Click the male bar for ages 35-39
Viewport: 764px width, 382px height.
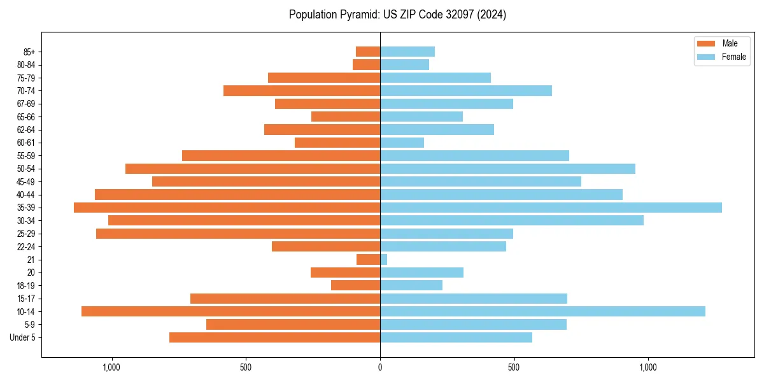tap(227, 208)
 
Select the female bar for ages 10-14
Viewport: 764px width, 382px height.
tap(542, 311)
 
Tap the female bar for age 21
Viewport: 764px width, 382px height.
tap(384, 260)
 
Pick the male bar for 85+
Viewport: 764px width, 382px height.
tap(368, 52)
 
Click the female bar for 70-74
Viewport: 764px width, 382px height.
tap(466, 91)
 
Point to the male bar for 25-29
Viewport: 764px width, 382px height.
tap(238, 234)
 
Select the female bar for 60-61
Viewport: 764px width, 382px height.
tap(402, 143)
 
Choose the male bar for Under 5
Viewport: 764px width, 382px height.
tap(274, 337)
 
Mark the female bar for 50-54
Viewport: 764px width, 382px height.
tap(507, 169)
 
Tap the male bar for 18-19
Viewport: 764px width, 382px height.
tap(355, 285)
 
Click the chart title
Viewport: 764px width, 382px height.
tap(397, 15)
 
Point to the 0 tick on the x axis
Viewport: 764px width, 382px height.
tap(380, 367)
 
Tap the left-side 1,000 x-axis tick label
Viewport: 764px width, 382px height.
tap(111, 367)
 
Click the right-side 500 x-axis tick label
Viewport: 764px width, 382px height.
tap(514, 367)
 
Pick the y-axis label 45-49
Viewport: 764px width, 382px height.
tap(26, 181)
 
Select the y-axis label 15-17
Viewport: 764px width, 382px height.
tap(26, 299)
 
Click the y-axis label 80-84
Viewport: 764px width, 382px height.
tap(26, 65)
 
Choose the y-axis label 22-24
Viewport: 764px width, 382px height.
tap(26, 247)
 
